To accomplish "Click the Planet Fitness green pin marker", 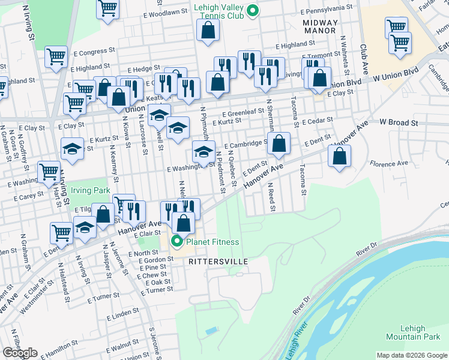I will [177, 242].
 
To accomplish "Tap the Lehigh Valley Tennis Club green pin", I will [253, 10].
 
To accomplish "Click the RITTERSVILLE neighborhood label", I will [218, 262].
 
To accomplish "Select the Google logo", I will [20, 353].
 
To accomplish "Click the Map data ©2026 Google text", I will [412, 355].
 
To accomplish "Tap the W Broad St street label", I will [399, 122].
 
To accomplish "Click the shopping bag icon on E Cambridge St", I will [279, 143].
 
